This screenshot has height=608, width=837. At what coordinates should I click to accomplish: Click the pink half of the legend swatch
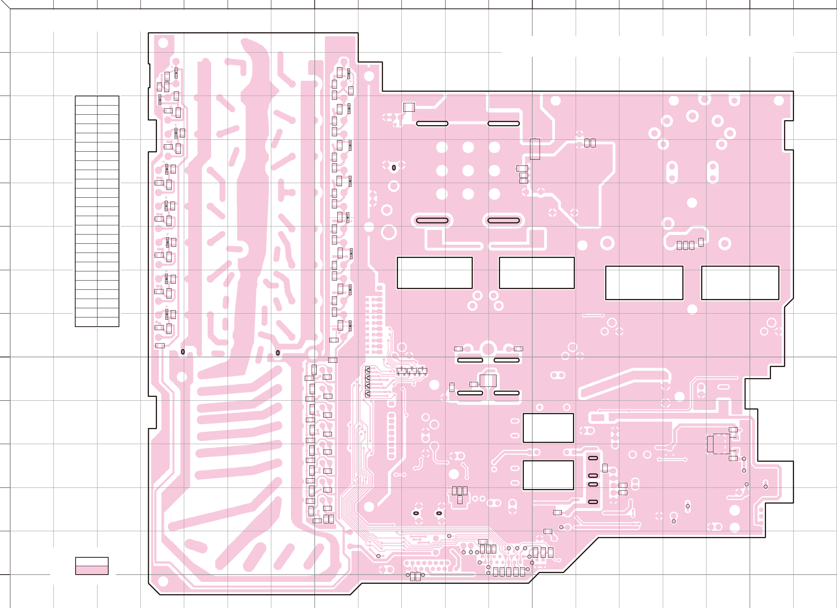92,570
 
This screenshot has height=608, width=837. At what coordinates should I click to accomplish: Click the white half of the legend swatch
92,562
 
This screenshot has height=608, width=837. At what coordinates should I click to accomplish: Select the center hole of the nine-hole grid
468,170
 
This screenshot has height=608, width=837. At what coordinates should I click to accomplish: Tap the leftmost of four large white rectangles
434,273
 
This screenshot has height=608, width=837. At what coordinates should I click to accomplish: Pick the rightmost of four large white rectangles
740,283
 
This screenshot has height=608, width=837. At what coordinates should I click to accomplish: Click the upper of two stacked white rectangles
548,428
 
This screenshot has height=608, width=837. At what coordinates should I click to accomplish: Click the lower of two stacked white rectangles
548,475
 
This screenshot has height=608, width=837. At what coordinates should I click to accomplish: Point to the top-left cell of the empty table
86,101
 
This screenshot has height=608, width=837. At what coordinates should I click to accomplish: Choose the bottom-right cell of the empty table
108,322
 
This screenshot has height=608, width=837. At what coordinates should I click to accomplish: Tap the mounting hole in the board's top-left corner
163,43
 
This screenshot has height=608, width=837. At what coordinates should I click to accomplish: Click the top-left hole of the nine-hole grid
442,147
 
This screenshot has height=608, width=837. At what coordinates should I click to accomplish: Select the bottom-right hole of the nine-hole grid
494,194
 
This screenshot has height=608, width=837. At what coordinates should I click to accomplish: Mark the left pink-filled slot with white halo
432,220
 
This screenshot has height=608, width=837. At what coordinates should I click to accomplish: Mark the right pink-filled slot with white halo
503,220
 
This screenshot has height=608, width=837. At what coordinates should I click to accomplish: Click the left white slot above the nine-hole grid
432,124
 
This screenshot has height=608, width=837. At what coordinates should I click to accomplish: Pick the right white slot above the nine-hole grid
503,124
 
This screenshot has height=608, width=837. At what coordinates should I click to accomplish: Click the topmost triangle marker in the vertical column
368,369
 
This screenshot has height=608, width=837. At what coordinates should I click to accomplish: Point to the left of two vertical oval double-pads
672,172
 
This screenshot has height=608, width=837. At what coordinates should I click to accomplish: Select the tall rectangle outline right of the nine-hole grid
535,149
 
